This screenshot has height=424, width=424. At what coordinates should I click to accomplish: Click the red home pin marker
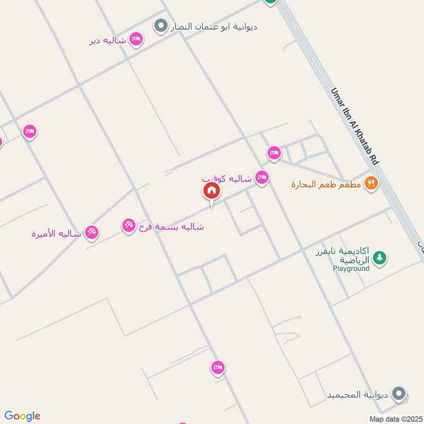coord(211,191)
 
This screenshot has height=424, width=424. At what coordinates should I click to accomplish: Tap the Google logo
coord(22,416)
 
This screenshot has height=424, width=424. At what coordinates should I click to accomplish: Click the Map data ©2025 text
coord(394,419)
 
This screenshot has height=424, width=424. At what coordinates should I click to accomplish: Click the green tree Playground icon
coord(379,258)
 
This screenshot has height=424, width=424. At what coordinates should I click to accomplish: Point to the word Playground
coord(351,269)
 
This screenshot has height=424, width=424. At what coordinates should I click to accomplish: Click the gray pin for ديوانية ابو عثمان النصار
coord(161,25)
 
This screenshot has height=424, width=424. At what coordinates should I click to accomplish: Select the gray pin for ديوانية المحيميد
coord(400,394)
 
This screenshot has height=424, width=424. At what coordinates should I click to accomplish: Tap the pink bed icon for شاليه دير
coord(136,39)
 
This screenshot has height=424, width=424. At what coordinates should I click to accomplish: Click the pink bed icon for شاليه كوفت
coord(262,178)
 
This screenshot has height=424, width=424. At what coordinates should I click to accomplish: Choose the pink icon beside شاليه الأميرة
coord(92,232)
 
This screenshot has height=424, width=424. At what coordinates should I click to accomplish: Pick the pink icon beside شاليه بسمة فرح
coord(128,226)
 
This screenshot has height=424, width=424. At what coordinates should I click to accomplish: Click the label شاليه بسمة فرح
coord(171,227)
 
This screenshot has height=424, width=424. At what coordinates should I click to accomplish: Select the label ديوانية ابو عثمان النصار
coord(214,26)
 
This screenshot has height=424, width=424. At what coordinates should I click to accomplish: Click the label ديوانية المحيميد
coord(358,395)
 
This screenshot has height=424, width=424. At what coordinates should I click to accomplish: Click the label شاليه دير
coord(108,40)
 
